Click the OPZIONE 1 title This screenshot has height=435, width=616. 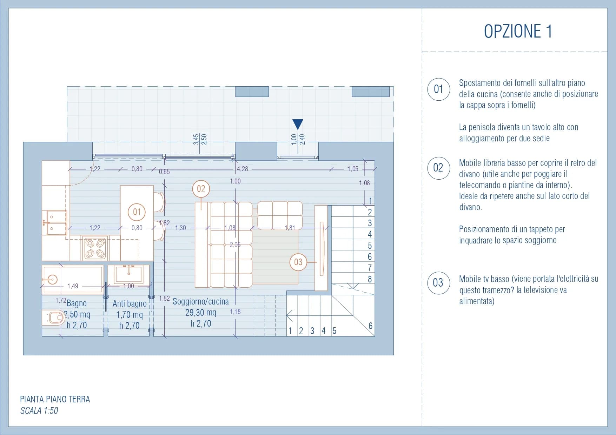518,31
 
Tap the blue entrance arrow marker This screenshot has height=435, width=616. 298,124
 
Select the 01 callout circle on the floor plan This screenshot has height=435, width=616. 137,212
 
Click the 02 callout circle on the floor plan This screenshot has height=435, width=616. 201,189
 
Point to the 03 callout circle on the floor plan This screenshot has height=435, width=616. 298,262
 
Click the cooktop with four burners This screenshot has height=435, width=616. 95,248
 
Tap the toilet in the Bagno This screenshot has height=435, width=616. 54,318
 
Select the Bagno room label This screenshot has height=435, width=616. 77,303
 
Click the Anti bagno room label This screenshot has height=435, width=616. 130,303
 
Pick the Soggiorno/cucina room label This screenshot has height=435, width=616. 200,301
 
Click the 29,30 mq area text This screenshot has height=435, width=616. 201,312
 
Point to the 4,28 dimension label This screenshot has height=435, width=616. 243,169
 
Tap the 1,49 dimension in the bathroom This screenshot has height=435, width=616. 73,286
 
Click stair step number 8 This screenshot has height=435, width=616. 370,279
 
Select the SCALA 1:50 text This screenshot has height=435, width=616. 39,410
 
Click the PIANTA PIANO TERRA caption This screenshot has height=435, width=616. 55,399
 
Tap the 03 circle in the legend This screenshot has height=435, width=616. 438,283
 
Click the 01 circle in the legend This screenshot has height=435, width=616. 438,89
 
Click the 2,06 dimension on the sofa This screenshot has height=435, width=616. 235,245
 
